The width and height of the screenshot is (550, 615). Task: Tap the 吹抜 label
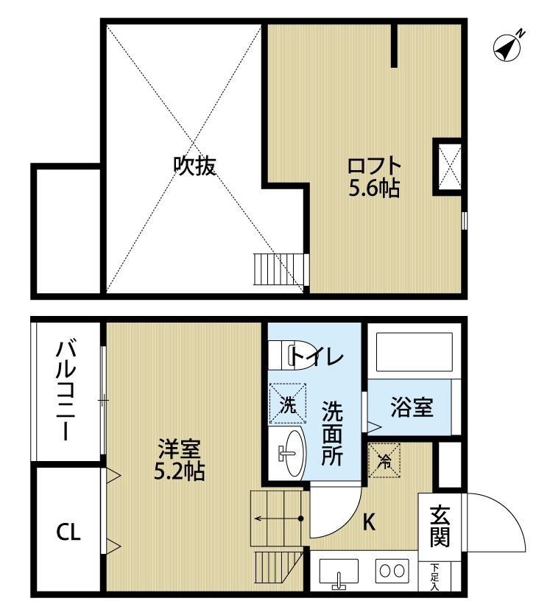[194, 166]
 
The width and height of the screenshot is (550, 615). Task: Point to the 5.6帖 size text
[374, 188]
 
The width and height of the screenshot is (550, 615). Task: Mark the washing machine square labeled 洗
[288, 404]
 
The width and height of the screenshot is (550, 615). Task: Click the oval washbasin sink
[291, 453]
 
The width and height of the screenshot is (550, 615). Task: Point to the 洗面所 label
[332, 431]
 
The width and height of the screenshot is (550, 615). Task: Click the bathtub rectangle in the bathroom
[414, 353]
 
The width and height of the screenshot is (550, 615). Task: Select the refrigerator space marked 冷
[384, 460]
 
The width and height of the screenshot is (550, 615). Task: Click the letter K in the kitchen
[369, 524]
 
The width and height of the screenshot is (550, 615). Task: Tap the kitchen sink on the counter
[339, 572]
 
